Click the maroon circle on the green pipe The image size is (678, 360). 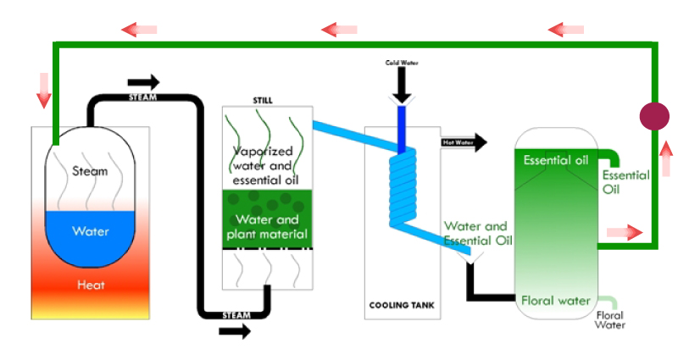click(653, 116)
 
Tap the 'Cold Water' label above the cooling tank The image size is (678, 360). click(403, 63)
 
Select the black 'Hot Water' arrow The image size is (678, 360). click(465, 142)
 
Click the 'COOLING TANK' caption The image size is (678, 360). click(403, 305)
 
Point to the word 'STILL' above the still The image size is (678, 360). click(263, 101)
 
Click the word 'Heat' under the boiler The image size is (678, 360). click(90, 285)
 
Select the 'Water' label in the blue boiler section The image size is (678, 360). click(90, 230)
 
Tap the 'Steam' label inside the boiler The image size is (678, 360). click(90, 171)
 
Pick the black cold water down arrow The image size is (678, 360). click(403, 86)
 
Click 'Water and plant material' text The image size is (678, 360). click(267, 226)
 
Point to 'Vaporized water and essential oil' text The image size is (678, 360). click(267, 165)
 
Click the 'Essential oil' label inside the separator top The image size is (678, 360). click(556, 160)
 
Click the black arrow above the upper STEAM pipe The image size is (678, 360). click(143, 82)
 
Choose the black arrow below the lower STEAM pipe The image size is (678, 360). click(235, 330)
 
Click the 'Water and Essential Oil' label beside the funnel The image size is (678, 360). click(478, 234)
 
